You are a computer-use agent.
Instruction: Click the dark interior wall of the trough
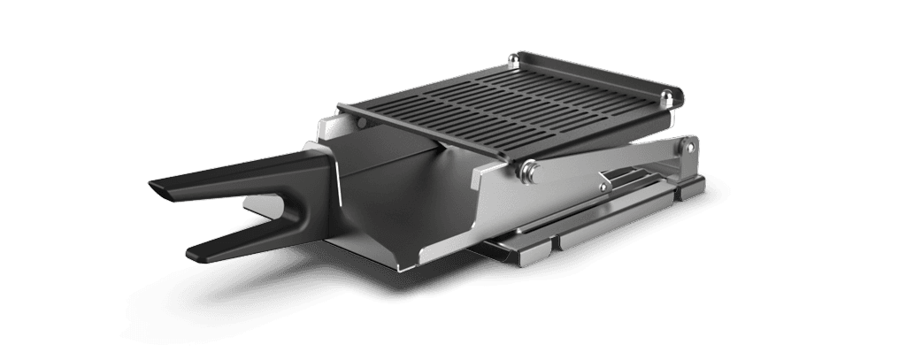pos(380,203)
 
